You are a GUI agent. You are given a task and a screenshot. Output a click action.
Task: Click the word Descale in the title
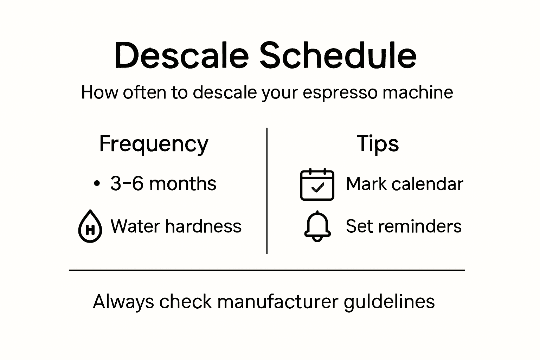click(x=181, y=56)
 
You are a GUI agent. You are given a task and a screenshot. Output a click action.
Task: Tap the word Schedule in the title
click(x=338, y=56)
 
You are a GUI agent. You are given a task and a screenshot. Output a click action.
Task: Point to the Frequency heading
click(x=154, y=144)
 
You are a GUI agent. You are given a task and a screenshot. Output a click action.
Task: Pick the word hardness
click(x=203, y=226)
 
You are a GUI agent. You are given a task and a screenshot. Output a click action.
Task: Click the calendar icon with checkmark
click(x=317, y=184)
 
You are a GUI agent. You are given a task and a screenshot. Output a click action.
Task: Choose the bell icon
click(x=317, y=226)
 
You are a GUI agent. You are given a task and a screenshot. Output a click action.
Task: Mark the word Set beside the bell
click(x=358, y=226)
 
